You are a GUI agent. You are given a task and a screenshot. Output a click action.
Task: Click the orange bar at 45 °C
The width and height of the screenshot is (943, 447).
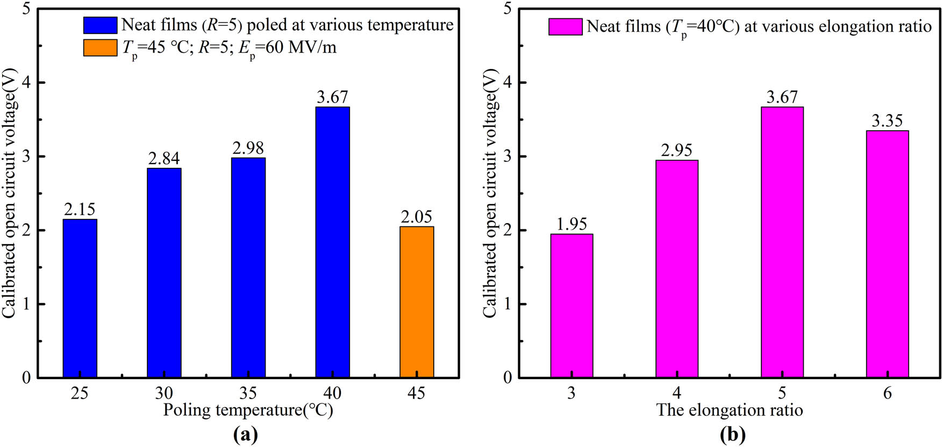(417, 302)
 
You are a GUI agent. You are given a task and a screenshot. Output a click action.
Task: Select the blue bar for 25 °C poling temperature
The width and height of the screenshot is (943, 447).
(80, 298)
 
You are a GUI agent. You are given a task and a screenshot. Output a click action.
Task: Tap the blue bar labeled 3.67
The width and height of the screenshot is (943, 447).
(332, 242)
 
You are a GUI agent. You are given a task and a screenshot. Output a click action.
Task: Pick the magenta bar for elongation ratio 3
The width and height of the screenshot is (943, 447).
(571, 306)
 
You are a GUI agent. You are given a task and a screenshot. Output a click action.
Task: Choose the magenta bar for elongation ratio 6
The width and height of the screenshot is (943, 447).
(887, 254)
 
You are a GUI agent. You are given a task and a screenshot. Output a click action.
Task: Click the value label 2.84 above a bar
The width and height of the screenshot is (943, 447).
(164, 158)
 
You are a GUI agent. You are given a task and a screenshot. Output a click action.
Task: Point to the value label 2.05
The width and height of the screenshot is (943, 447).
(417, 216)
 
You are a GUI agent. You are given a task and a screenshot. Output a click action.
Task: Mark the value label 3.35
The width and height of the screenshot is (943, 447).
(887, 120)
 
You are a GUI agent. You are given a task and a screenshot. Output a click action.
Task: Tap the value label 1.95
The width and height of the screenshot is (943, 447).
(571, 224)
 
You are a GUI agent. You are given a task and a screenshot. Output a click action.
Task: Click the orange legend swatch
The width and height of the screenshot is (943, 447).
(100, 47)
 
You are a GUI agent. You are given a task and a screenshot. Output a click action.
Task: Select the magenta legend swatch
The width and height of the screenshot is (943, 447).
(565, 26)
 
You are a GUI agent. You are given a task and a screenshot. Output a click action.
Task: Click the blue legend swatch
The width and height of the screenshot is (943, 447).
(100, 25)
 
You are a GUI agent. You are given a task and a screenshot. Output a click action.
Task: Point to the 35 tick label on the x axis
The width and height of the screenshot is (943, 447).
(248, 393)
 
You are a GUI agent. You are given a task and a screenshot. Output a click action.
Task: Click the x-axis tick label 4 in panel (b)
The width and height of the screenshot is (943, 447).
(676, 393)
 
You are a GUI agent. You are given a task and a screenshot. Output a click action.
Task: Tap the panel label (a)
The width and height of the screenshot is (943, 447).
(246, 434)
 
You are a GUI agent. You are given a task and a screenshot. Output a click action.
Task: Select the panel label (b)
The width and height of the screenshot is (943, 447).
(732, 434)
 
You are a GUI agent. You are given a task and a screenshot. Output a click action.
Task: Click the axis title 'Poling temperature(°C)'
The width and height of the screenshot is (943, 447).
(248, 410)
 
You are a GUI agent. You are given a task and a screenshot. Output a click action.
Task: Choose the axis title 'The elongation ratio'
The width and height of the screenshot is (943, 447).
(730, 410)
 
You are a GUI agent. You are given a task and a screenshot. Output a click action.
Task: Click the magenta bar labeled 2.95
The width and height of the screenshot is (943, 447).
(676, 269)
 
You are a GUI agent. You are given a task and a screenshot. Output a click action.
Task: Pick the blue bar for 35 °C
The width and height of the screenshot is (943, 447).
(248, 267)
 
